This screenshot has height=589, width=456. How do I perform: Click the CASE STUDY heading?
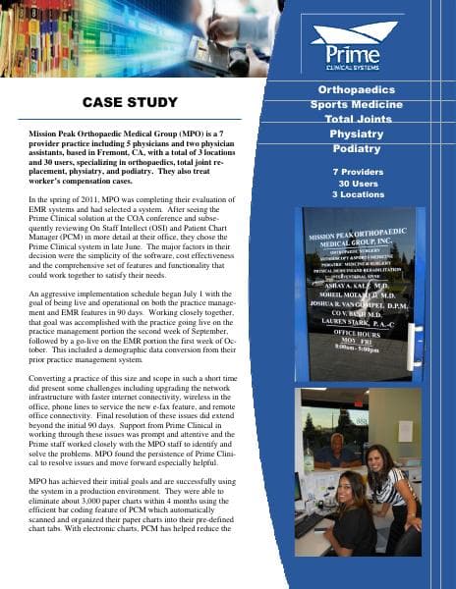point(129,103)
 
